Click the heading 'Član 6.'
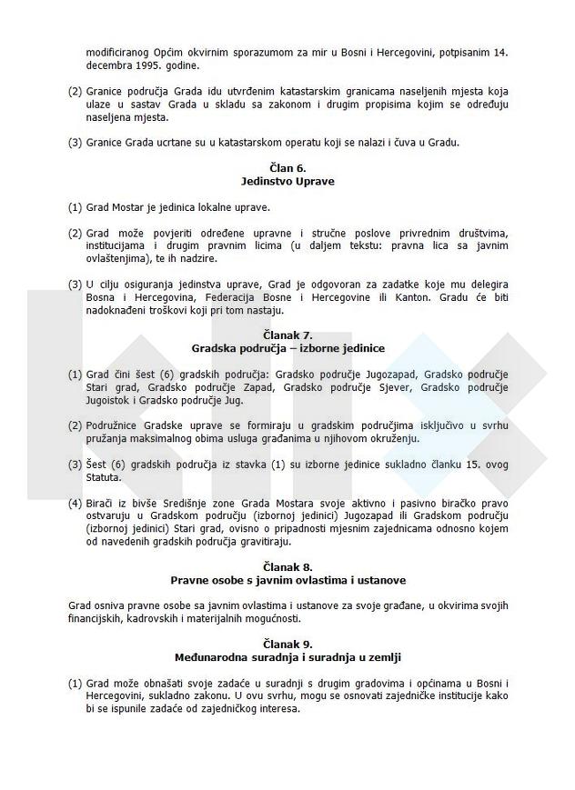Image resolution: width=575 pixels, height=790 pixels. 288,168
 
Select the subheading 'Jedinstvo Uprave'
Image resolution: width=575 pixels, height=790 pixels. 288,181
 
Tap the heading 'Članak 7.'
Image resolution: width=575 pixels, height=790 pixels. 288,335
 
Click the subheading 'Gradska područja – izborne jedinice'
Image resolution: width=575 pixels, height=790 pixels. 288,348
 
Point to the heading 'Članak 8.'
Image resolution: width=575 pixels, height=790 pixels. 288,567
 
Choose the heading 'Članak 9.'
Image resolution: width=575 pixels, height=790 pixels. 288,644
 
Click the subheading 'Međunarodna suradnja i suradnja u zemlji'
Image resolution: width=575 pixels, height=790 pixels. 288,656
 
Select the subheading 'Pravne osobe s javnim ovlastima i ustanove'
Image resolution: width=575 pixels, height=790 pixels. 288,580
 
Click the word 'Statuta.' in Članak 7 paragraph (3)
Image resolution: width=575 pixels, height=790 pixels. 103,476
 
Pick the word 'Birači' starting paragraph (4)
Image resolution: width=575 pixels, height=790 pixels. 102,503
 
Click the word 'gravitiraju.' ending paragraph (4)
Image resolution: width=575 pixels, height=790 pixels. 261,541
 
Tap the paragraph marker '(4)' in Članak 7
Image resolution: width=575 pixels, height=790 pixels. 75,503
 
